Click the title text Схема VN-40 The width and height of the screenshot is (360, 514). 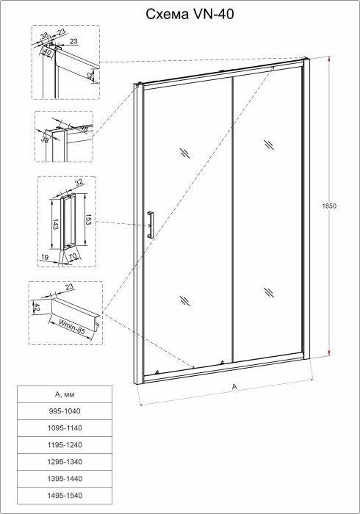(180, 12)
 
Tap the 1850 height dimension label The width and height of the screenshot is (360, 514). (329, 207)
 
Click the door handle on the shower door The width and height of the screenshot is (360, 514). (150, 224)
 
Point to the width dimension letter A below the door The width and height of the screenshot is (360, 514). (234, 386)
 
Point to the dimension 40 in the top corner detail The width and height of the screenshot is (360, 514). (48, 51)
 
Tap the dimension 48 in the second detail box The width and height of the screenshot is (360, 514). (84, 129)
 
